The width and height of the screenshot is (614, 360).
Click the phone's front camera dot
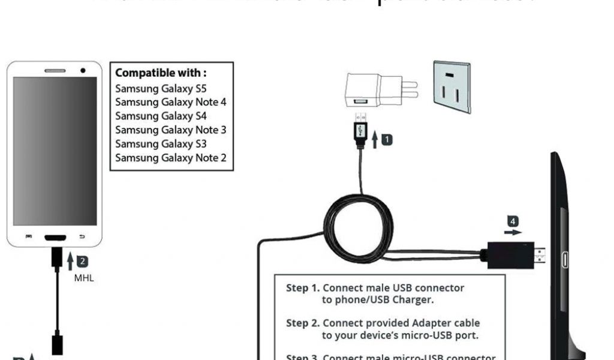coord(83,70)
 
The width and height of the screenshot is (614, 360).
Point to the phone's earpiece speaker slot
coord(55,71)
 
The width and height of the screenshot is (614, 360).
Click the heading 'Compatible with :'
coord(161,73)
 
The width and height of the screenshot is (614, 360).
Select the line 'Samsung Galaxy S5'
coord(152,88)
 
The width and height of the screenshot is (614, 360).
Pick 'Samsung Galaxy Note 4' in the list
coord(171,102)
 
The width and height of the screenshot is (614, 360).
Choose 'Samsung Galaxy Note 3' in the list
coord(171,130)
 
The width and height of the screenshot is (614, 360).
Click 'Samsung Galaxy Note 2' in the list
coord(171,158)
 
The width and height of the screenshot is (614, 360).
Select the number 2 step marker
coord(83,260)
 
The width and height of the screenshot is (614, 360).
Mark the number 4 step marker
coord(511,220)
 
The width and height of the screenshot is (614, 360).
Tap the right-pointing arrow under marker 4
coord(513,231)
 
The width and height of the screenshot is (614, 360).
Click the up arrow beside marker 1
coord(375,140)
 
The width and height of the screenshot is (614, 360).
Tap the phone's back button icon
coord(82,236)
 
